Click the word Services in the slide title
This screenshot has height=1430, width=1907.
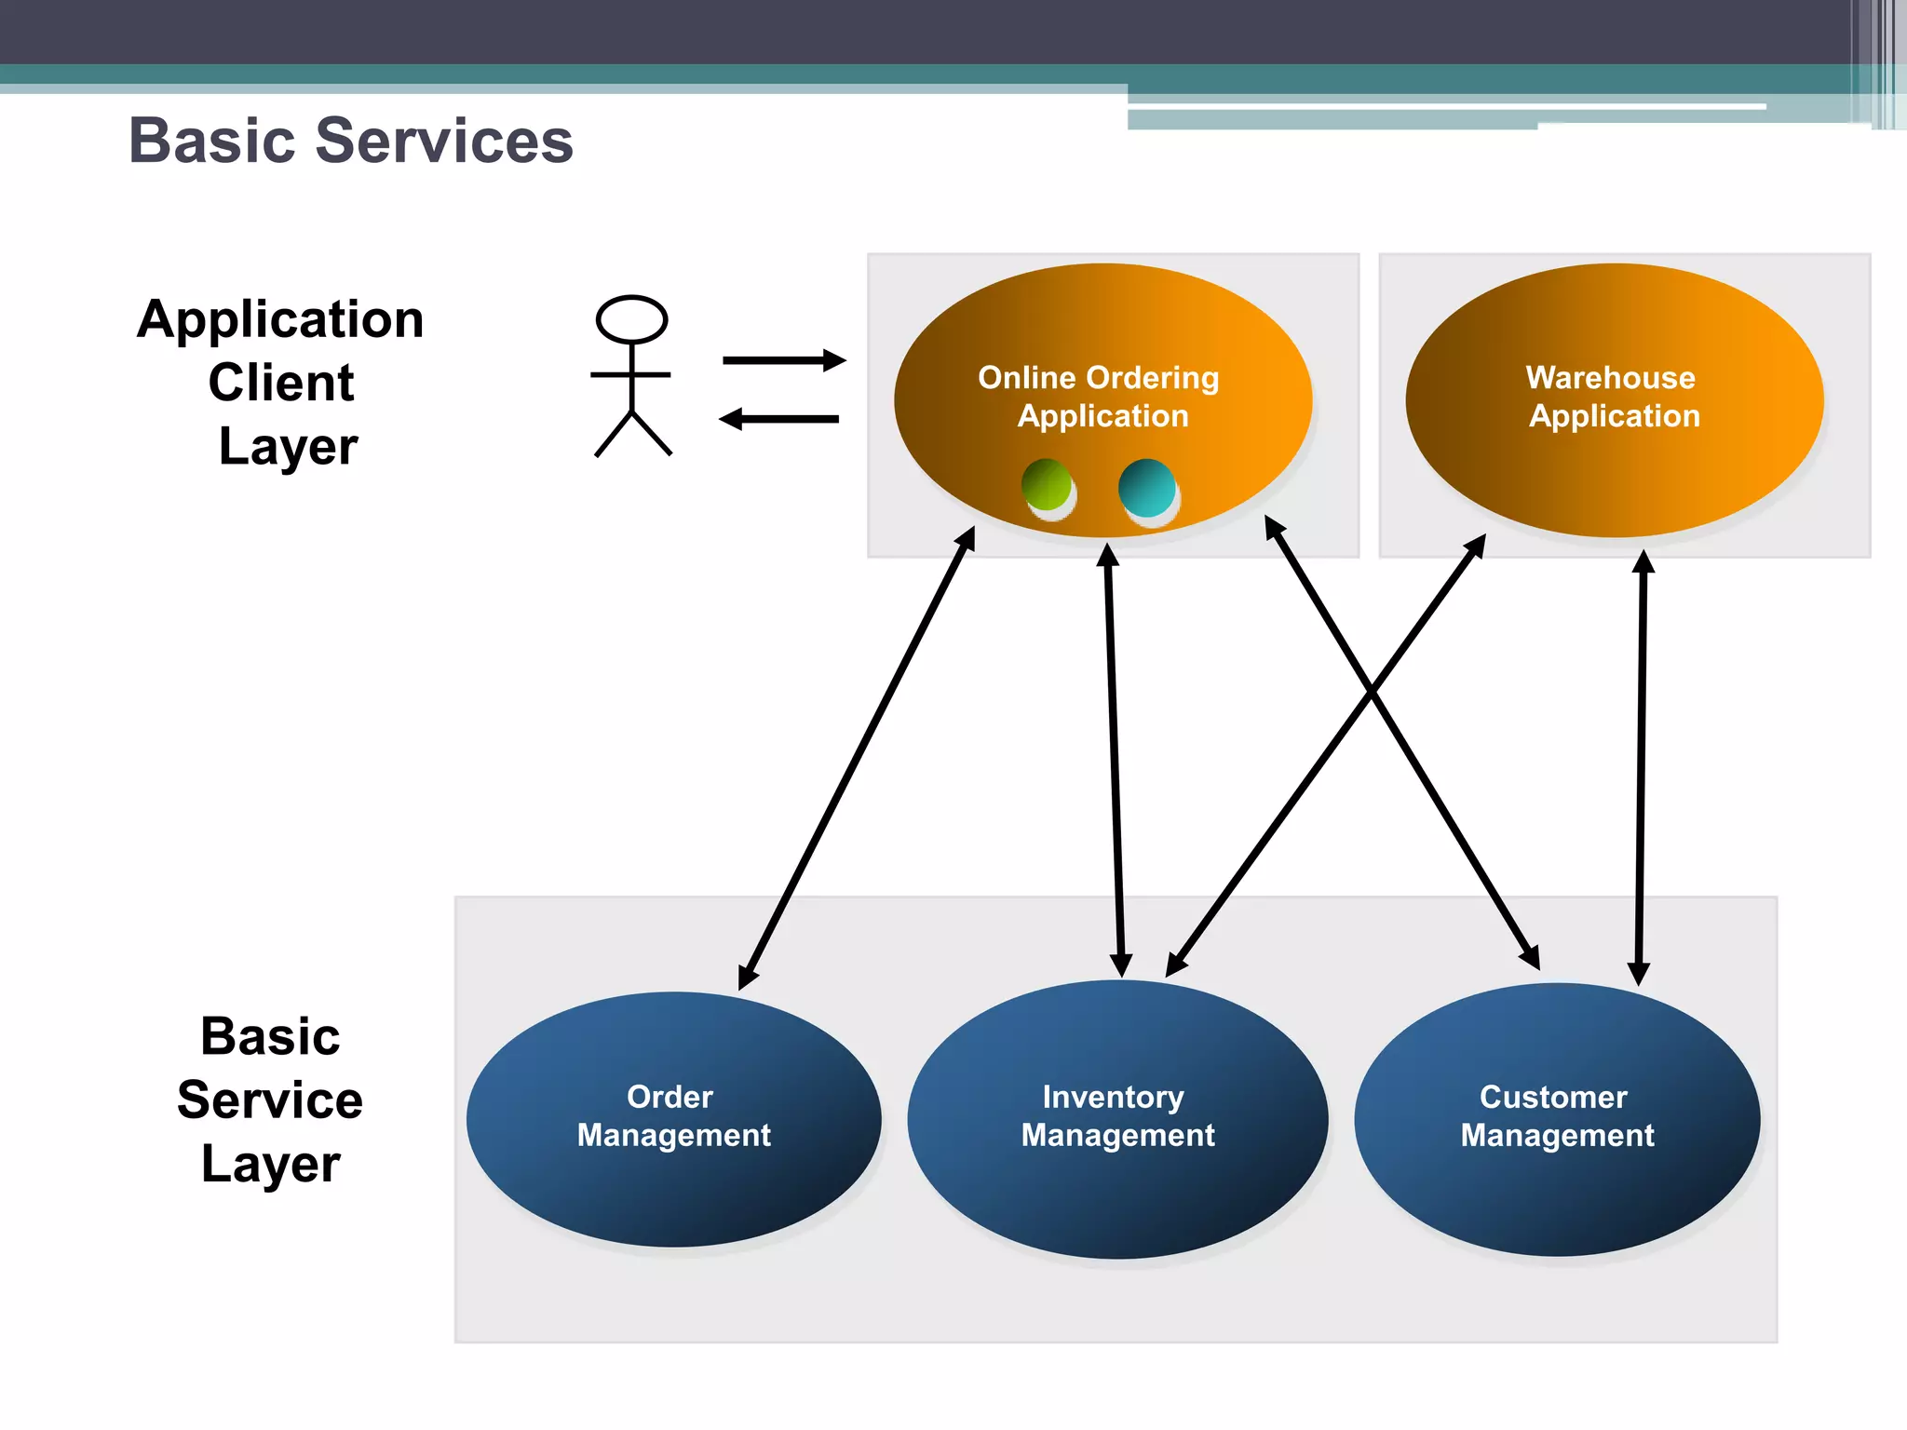point(444,142)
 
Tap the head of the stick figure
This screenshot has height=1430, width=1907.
point(631,319)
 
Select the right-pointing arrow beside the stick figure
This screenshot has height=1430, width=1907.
point(783,360)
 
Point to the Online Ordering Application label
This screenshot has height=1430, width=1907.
point(1101,397)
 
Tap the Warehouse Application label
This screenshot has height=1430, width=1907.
point(1613,397)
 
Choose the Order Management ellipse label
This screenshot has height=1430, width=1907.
point(673,1116)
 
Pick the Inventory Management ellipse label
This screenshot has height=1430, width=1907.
point(1116,1116)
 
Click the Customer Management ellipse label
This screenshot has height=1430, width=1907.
point(1556,1116)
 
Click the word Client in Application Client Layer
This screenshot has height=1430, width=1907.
point(280,383)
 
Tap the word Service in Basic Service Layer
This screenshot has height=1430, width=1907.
point(270,1100)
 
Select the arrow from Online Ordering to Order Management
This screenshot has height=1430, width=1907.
point(857,759)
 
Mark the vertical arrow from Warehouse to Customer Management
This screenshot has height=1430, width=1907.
point(1641,768)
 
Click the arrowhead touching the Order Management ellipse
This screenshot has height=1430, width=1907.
point(747,978)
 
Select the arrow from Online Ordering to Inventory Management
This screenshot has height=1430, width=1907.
point(1115,759)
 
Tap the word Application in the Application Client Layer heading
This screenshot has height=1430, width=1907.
point(280,319)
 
